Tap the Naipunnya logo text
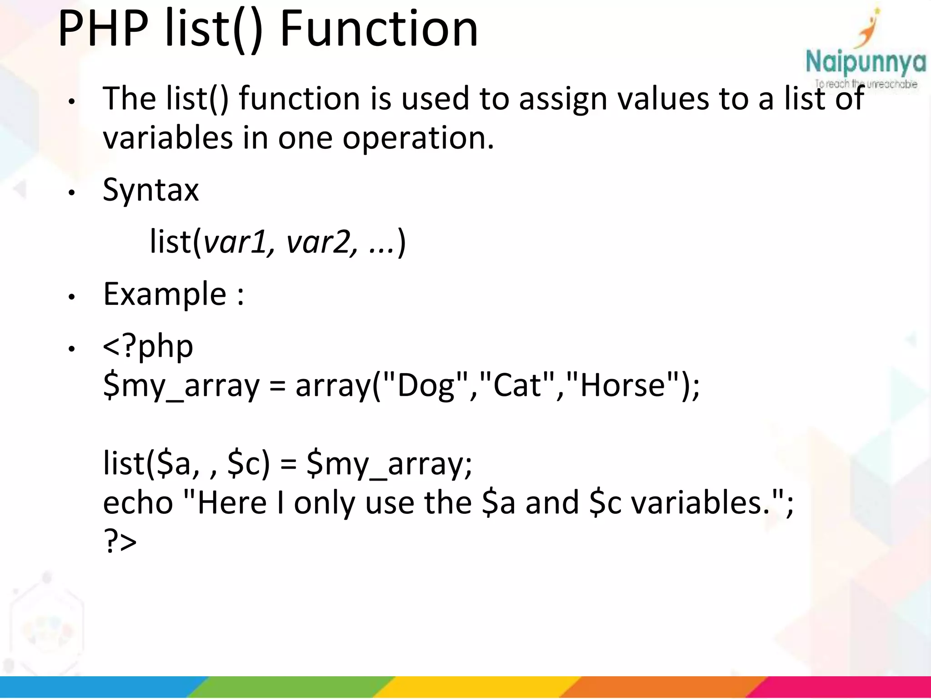coord(865,62)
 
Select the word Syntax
coord(150,190)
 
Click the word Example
coord(165,294)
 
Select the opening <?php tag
coord(148,347)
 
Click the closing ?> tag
coord(120,542)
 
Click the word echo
coord(138,503)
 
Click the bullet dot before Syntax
coord(71,193)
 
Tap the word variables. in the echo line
coord(700,503)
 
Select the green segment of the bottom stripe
coord(291,687)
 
